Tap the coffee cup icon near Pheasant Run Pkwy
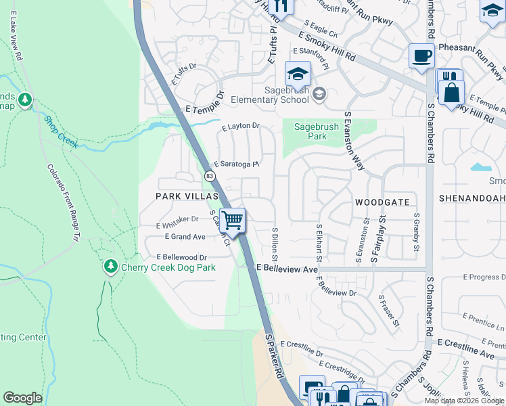(421, 55)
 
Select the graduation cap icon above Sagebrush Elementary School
(298, 73)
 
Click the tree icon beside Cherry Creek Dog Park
(111, 267)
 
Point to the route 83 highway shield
(210, 176)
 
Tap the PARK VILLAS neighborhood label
(187, 196)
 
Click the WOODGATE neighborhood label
(382, 202)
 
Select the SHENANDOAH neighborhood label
(472, 198)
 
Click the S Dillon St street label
(275, 244)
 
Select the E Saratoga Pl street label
(237, 164)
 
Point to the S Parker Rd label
(273, 355)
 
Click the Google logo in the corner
(22, 398)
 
